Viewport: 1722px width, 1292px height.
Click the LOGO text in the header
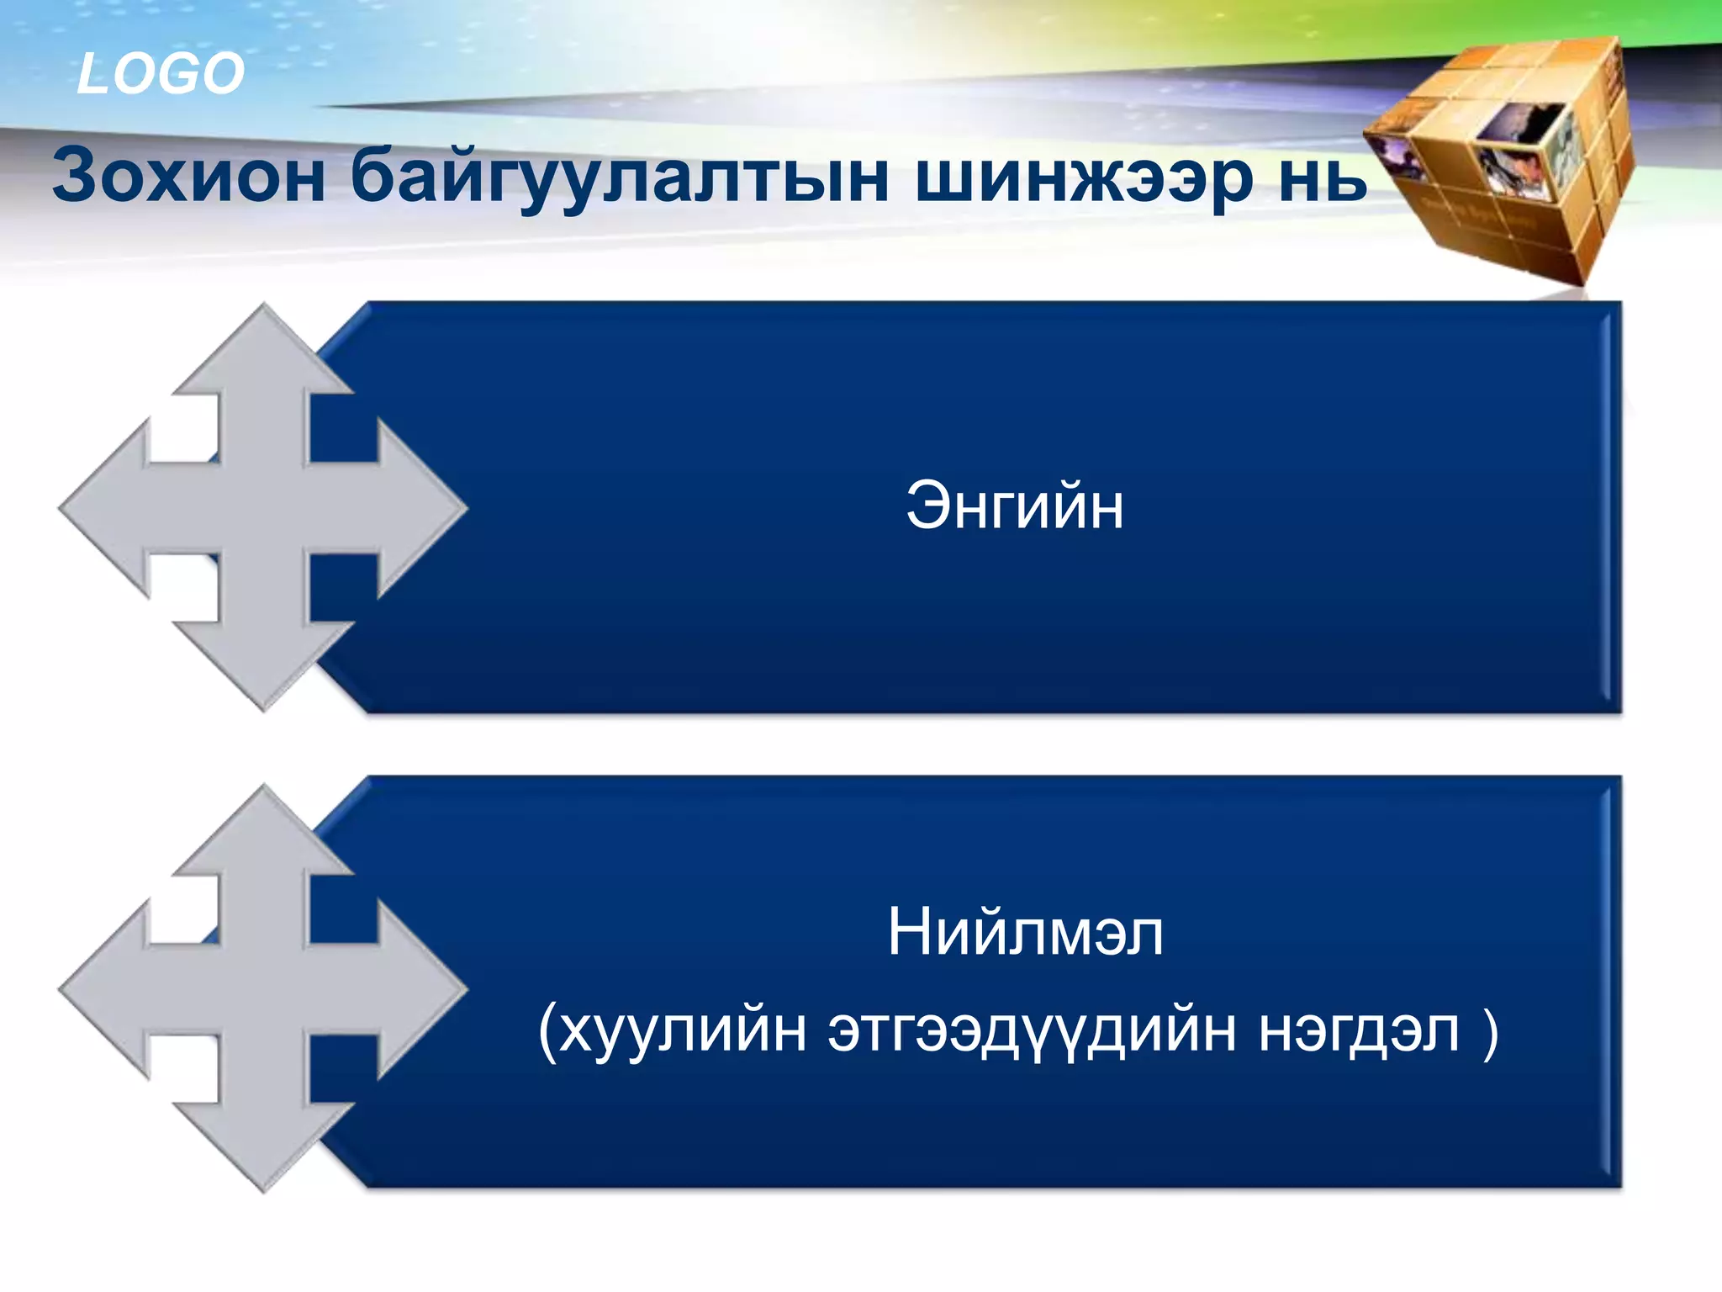coord(160,74)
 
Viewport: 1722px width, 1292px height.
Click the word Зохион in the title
coord(189,176)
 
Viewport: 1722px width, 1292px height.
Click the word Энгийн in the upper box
coord(1014,506)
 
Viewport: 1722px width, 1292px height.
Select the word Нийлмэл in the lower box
coord(1025,933)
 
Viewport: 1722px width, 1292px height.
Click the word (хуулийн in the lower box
coord(672,1030)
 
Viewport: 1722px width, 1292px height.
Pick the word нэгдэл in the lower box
coord(1358,1030)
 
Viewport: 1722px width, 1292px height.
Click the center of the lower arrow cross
coord(264,989)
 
